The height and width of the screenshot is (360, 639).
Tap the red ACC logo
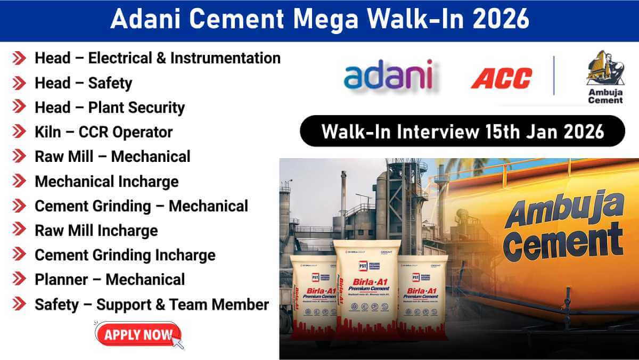pyautogui.click(x=501, y=78)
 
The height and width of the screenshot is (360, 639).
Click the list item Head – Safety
pyautogui.click(x=83, y=83)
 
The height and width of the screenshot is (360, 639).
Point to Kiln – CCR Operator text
pyautogui.click(x=103, y=132)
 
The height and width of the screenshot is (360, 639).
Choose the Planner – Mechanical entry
pyautogui.click(x=110, y=280)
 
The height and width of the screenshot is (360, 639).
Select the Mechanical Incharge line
pyautogui.click(x=106, y=182)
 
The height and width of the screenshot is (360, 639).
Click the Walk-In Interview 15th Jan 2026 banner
pyautogui.click(x=462, y=132)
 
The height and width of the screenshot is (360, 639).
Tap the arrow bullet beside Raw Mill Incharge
pyautogui.click(x=19, y=231)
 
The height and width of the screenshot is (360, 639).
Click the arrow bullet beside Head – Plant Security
pyautogui.click(x=19, y=108)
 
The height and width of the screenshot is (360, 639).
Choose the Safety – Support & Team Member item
pyautogui.click(x=152, y=305)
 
